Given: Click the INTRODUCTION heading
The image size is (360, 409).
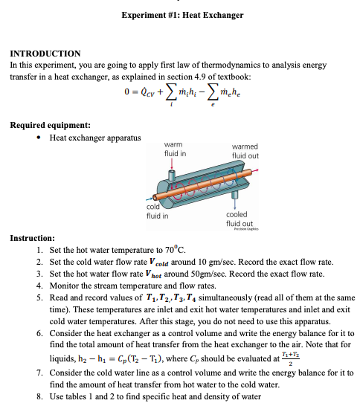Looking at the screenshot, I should coord(45,54).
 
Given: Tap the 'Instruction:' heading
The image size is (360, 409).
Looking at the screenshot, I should coord(32,238).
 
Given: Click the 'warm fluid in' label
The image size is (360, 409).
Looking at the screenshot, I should coord(176,149).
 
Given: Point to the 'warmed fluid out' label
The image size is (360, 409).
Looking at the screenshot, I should coord(246,152).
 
